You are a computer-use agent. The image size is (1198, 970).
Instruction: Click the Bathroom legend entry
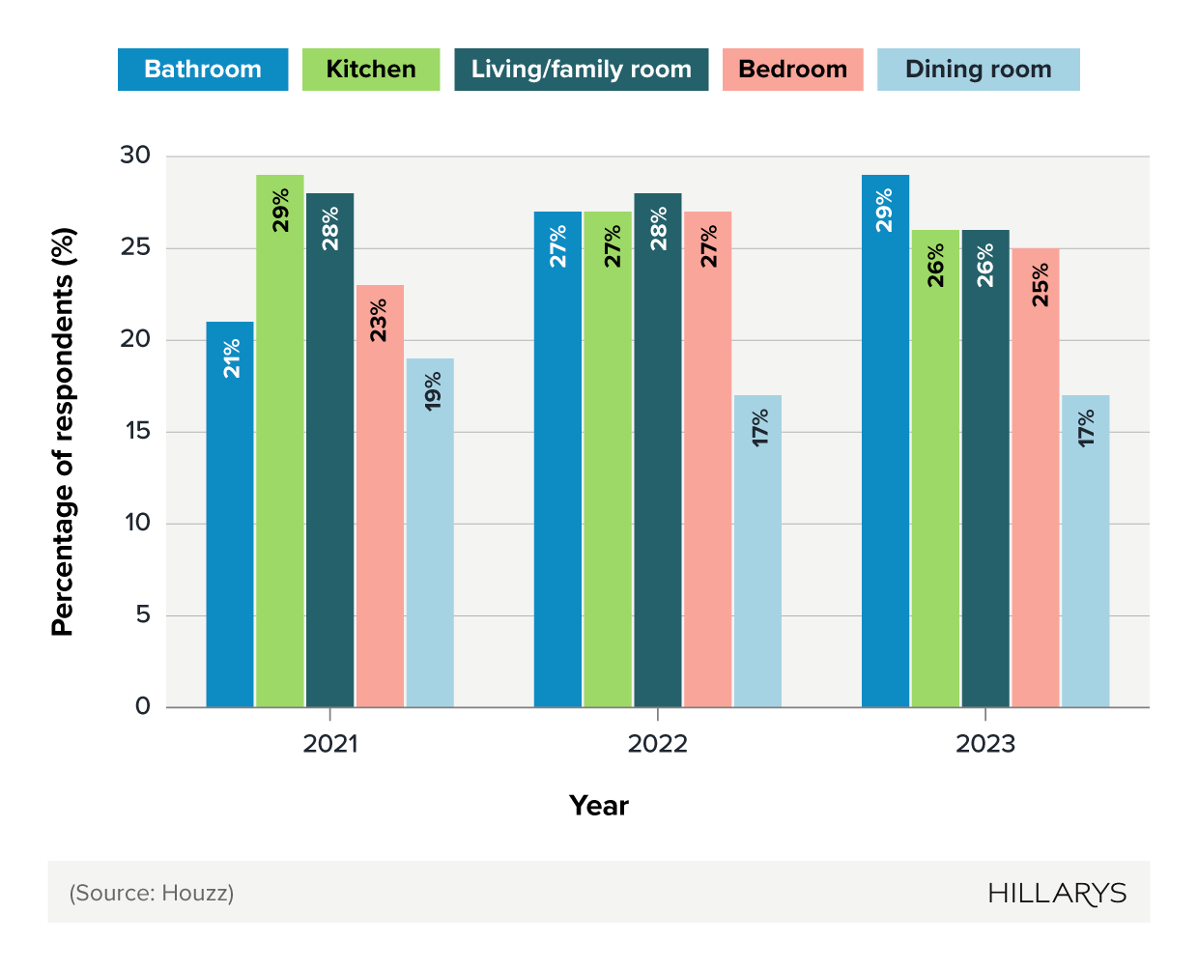point(203,70)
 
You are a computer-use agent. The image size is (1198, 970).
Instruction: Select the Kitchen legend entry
point(371,70)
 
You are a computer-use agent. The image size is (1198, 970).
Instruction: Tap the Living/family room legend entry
point(581,70)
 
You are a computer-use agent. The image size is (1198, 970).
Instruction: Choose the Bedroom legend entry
point(792,70)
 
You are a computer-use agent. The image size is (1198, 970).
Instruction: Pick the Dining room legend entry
point(978,70)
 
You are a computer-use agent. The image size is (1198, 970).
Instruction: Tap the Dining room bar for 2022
point(757,551)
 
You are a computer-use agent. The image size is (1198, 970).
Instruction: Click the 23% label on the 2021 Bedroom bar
point(379,320)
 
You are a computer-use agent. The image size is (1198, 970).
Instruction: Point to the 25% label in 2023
point(1040,285)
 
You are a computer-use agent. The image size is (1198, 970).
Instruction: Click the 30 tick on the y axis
point(136,156)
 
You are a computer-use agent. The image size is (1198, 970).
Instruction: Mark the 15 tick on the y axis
point(138,431)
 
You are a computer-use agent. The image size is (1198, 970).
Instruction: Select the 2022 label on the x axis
point(658,744)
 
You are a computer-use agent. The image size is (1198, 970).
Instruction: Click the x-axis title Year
point(599,806)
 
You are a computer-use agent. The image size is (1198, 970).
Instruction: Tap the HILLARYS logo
point(1057,894)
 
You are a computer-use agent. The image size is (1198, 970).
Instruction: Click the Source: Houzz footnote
point(152,893)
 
